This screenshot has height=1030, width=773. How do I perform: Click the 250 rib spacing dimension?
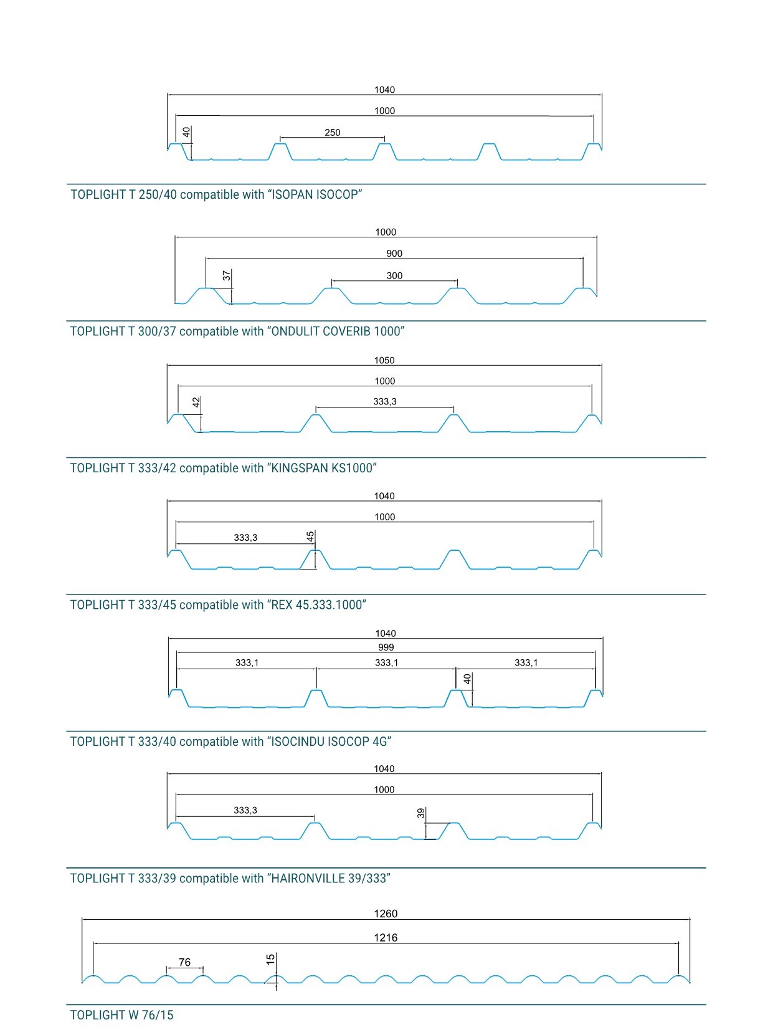332,132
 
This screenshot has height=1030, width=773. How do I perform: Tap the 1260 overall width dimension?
386,913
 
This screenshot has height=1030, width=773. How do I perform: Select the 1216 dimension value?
386,937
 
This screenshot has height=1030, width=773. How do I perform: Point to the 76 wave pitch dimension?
185,962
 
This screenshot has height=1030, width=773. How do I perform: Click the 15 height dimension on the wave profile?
270,959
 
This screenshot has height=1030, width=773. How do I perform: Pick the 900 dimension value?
394,254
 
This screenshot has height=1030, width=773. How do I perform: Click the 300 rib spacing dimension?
394,275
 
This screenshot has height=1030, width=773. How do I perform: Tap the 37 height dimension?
227,275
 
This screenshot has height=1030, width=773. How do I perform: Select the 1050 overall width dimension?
384,360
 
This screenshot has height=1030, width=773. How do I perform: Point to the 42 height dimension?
196,402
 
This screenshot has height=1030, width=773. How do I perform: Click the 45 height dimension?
310,536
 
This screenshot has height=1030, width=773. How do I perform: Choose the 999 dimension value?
386,647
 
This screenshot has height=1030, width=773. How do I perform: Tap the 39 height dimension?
420,813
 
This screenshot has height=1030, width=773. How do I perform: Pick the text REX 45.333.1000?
317,604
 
